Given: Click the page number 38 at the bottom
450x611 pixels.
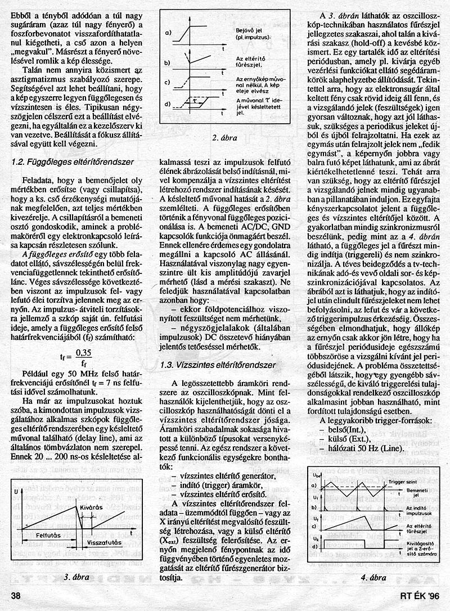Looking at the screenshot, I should [16, 595].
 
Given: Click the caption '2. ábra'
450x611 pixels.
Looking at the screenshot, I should [224, 137].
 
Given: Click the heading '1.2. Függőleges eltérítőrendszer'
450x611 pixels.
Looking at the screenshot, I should [73, 162].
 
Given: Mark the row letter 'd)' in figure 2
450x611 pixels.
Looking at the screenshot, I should [167, 105].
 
